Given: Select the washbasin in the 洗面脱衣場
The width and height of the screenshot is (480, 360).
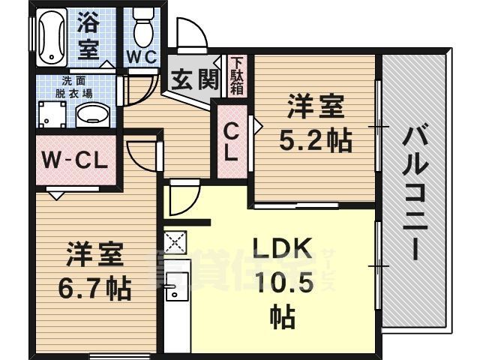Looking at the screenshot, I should (x=92, y=115).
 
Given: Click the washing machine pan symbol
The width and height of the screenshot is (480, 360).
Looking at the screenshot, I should (x=52, y=115).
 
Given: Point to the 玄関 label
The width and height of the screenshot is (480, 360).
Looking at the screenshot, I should (x=193, y=79).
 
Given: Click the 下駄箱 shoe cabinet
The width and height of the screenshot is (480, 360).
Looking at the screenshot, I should (x=236, y=75).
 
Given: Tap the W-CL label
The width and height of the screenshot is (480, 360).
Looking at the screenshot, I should (x=75, y=160).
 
